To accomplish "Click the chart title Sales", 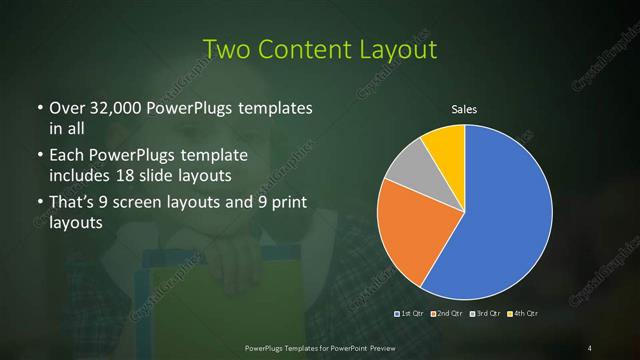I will tap(465, 109).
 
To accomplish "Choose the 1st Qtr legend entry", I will tap(408, 314).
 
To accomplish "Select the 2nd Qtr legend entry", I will tap(443, 314).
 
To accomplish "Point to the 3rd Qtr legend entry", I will tap(480, 314).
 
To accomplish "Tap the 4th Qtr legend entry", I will tap(517, 314).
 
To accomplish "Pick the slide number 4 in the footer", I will tap(590, 347).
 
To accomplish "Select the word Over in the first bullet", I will tap(66, 107).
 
